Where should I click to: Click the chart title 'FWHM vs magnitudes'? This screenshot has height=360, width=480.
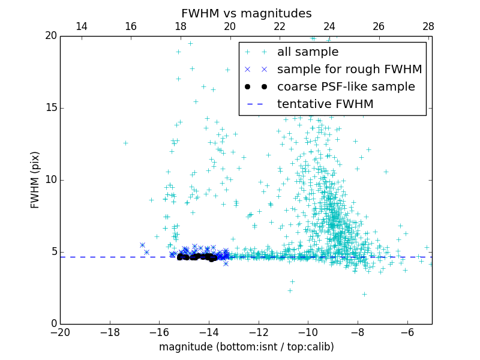246,13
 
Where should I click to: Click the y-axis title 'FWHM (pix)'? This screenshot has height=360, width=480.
35,180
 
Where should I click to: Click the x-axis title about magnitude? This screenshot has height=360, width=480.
246,347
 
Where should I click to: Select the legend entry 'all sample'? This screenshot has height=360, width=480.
308,52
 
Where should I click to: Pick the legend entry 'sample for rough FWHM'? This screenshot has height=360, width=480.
349,70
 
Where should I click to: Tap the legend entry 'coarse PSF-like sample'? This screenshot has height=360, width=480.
346,87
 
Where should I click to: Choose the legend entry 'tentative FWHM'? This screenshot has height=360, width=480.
325,104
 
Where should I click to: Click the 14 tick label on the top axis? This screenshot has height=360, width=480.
82,26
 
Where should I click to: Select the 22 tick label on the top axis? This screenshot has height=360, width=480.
280,26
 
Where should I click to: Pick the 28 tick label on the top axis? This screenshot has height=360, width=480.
428,26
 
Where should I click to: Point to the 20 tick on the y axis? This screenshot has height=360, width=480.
50,36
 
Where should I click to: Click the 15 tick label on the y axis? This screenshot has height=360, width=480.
50,108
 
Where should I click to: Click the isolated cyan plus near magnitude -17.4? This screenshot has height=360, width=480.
125,143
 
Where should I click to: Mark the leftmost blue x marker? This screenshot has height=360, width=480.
142,245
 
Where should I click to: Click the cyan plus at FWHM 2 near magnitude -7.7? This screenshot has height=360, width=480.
364,294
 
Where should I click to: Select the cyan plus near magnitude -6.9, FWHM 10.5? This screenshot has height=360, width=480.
386,172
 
